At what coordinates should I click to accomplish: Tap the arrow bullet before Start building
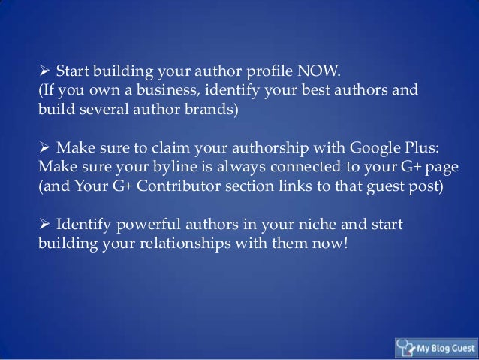44,72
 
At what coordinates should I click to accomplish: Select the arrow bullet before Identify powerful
44,224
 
